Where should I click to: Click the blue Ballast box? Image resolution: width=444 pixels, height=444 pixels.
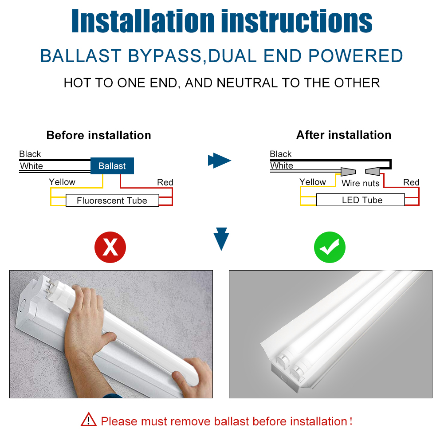pos(112,165)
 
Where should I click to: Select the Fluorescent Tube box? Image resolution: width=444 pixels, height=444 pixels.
pos(112,200)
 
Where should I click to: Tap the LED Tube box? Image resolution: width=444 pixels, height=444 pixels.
pos(361,200)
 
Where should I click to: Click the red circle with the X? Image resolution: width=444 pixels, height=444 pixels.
pos(110,247)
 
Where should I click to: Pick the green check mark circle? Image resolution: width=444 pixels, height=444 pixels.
pos(330,247)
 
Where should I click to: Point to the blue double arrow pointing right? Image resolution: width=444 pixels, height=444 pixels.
pos(220,161)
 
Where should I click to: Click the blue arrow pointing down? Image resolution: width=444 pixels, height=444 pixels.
pos(221,239)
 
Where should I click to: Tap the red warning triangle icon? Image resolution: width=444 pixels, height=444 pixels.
pos(89,419)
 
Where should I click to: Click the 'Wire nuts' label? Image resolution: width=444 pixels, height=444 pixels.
pos(361,183)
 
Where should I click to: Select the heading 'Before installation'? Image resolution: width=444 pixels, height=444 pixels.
pos(98,135)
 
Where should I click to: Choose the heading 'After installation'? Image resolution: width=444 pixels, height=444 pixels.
pos(344,135)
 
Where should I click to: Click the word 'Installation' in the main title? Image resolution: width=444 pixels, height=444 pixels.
pos(143,21)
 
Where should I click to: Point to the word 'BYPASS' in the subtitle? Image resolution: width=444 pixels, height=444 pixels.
pos(165,56)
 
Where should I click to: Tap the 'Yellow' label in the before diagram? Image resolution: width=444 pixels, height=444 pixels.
pos(62,182)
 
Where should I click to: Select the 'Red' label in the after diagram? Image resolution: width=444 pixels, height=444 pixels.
pos(411,182)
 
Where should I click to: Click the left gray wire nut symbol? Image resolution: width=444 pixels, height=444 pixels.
pos(348,172)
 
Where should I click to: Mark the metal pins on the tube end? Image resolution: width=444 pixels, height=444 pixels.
pos(51,287)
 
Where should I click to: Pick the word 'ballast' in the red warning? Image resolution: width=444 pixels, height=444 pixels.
pos(232,421)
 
